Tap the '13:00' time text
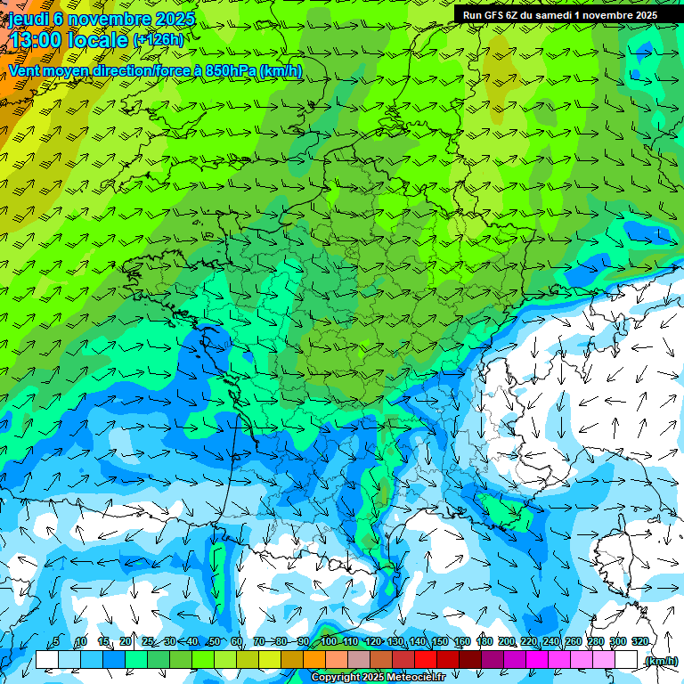click(x=35, y=40)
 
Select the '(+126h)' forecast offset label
click(x=159, y=40)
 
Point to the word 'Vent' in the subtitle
click(x=25, y=70)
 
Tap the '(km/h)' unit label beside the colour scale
click(x=661, y=661)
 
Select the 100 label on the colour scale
click(x=329, y=642)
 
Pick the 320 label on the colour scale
click(x=639, y=642)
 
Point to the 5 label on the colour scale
click(x=56, y=642)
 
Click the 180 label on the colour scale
click(x=484, y=642)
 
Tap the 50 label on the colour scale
click(x=214, y=642)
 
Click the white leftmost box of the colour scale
click(x=46, y=660)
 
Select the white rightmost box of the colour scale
click(x=626, y=660)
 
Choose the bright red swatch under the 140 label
click(x=426, y=660)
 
